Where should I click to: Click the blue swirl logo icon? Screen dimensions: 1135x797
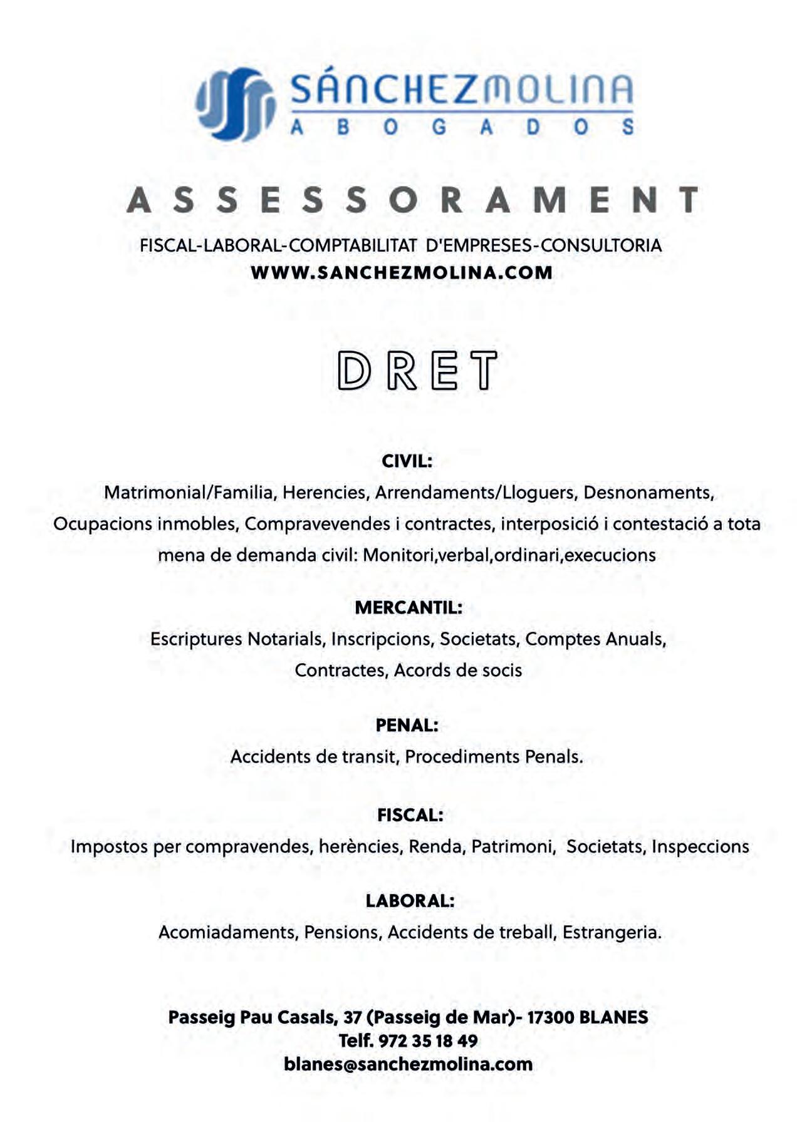(236, 104)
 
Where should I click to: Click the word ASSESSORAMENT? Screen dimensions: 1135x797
(413, 200)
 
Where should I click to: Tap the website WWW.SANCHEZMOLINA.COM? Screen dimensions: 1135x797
(402, 273)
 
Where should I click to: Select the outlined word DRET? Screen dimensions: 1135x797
(417, 371)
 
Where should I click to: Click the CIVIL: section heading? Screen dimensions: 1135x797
(407, 461)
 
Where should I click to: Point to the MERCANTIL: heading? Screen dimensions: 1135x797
(408, 607)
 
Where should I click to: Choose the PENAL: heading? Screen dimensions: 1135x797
(407, 726)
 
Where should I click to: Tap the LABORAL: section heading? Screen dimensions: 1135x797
(410, 901)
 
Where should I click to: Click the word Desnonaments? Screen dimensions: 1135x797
(649, 493)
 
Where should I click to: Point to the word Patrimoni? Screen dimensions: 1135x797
(513, 846)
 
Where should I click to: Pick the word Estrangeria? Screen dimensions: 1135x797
(612, 932)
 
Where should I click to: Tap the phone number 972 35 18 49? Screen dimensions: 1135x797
(428, 1041)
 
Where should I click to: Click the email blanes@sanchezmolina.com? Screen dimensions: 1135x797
(408, 1064)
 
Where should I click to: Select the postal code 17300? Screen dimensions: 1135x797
(550, 1017)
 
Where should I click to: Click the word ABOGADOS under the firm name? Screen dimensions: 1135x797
(462, 127)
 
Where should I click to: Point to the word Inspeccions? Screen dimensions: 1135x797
(700, 846)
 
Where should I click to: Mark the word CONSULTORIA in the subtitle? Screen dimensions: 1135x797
(601, 245)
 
